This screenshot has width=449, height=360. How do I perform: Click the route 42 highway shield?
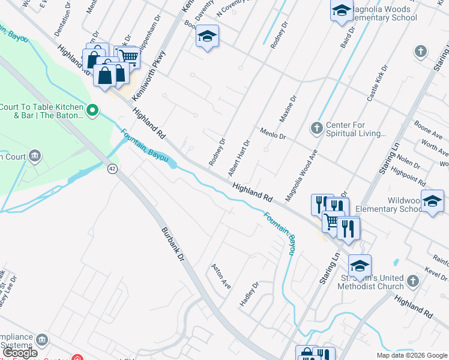coord(112,169)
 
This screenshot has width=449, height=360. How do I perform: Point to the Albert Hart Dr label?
coord(238,158)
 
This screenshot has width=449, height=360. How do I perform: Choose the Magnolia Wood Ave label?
coord(301,176)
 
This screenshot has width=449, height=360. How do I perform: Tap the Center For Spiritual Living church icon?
coord(317,128)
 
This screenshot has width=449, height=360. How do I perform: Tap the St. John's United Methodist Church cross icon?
coord(412,280)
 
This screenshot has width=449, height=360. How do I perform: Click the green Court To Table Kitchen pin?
coord(92,110)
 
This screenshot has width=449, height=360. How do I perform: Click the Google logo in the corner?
coord(21,353)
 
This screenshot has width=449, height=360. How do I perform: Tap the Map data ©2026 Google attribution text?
coord(412,355)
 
